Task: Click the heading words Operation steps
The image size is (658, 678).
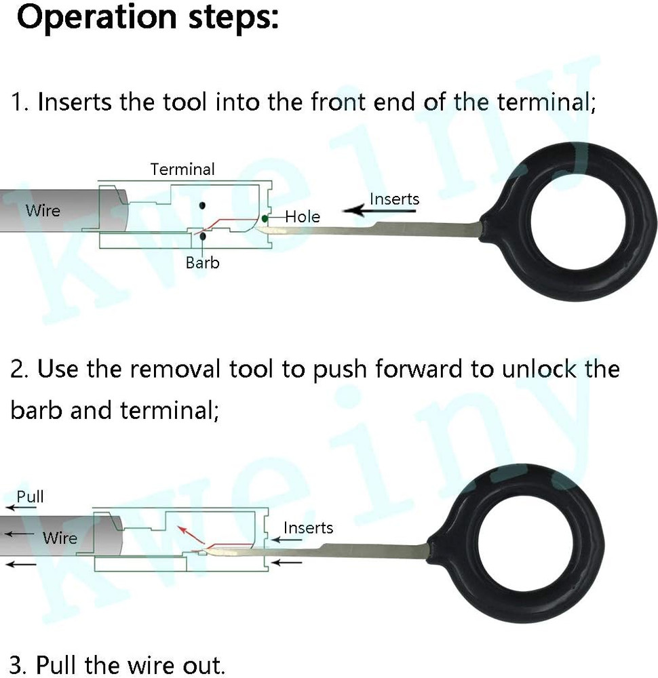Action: tap(147, 18)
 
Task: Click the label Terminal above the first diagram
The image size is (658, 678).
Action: tap(182, 169)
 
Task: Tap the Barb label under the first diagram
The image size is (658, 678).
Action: tap(203, 262)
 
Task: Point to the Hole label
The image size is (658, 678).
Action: tap(303, 217)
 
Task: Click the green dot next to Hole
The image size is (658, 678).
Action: tap(265, 218)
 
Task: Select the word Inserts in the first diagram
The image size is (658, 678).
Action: tap(394, 199)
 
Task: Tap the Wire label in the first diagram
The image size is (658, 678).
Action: tap(43, 210)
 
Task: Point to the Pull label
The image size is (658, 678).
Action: tap(30, 496)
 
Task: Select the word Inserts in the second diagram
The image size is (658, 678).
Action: tap(308, 527)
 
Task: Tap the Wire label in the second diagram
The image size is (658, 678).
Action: tap(60, 538)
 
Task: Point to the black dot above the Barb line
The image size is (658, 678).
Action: tap(201, 205)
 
